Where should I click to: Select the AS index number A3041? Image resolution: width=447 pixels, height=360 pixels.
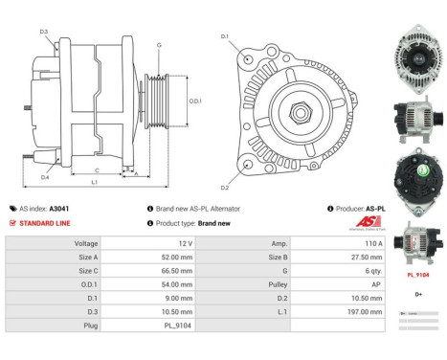(x=58, y=208)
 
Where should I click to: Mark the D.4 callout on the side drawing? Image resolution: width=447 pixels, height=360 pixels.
(x=45, y=176)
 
